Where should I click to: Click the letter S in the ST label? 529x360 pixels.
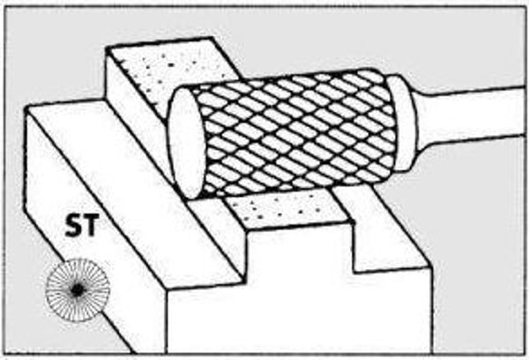(x=73, y=225)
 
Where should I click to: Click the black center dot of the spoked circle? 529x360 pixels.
(x=78, y=289)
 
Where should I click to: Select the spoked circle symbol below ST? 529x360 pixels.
(x=78, y=289)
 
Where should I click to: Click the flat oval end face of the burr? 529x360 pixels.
(x=185, y=144)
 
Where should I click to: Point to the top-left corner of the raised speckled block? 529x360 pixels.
(x=107, y=49)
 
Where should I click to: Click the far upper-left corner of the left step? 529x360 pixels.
(x=26, y=108)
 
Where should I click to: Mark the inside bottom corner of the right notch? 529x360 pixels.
(x=354, y=272)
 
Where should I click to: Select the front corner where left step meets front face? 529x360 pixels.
(x=167, y=289)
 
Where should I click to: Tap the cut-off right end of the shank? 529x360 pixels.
(x=524, y=111)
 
